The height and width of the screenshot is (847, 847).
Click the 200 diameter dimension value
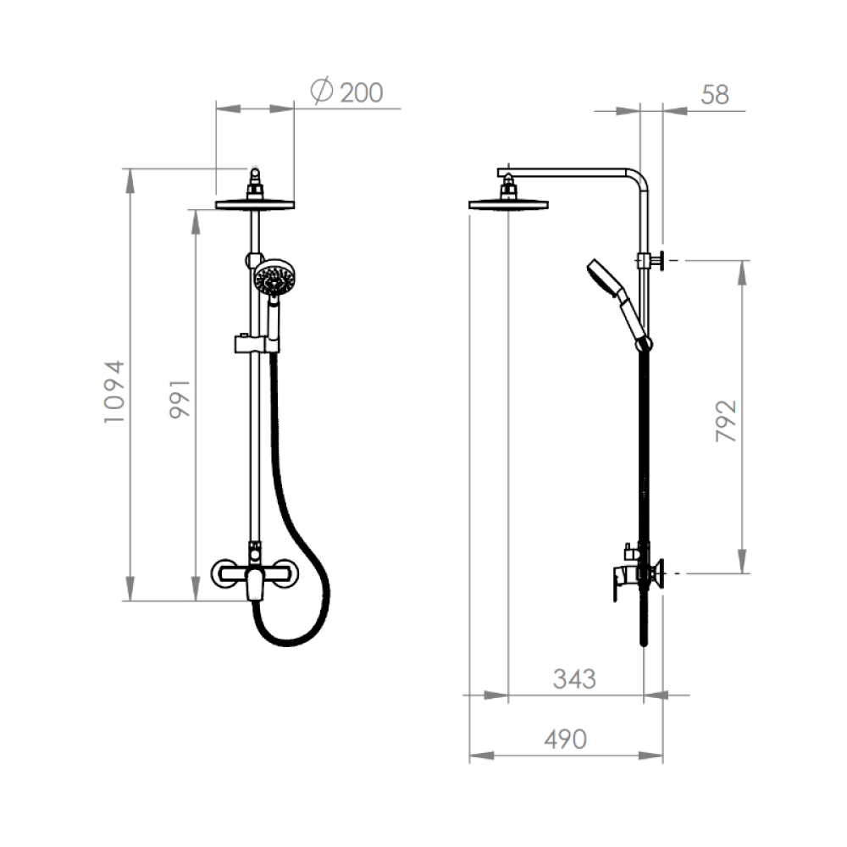[x=362, y=92]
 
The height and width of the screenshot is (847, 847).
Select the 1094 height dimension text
[x=114, y=391]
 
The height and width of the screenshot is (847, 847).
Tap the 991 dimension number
[x=180, y=399]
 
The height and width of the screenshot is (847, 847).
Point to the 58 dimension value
[x=715, y=95]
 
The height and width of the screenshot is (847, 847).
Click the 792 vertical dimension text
[x=726, y=421]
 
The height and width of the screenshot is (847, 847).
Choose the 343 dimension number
[x=574, y=679]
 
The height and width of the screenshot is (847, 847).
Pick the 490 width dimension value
[x=565, y=739]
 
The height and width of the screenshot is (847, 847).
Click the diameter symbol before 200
[x=322, y=90]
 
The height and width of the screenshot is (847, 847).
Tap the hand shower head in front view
[x=274, y=278]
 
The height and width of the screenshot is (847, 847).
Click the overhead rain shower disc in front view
[x=255, y=205]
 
